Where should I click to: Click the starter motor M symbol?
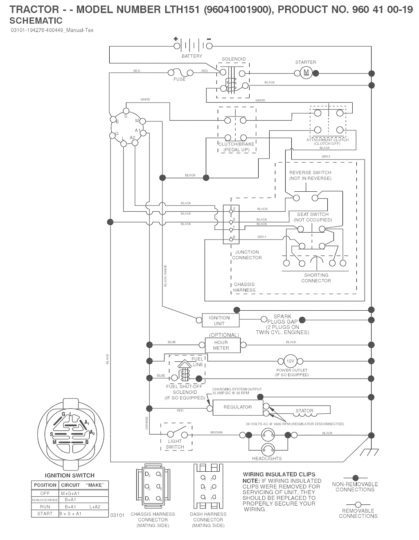(306, 73)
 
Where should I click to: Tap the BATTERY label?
(192, 56)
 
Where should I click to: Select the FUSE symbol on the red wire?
(179, 72)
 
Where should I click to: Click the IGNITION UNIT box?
(219, 320)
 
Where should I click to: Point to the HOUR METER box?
(221, 345)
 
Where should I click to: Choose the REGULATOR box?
(237, 407)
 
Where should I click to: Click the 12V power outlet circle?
(290, 361)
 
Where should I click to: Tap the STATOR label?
(304, 411)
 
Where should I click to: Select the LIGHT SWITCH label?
(175, 444)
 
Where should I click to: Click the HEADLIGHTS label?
(267, 459)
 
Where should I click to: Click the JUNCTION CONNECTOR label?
(247, 255)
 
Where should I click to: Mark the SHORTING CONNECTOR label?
(316, 278)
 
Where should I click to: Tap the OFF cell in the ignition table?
(45, 493)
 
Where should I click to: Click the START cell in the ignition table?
(45, 513)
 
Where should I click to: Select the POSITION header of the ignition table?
(45, 485)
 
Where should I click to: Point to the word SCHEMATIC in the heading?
(36, 20)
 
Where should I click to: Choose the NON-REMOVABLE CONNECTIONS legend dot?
(355, 477)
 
